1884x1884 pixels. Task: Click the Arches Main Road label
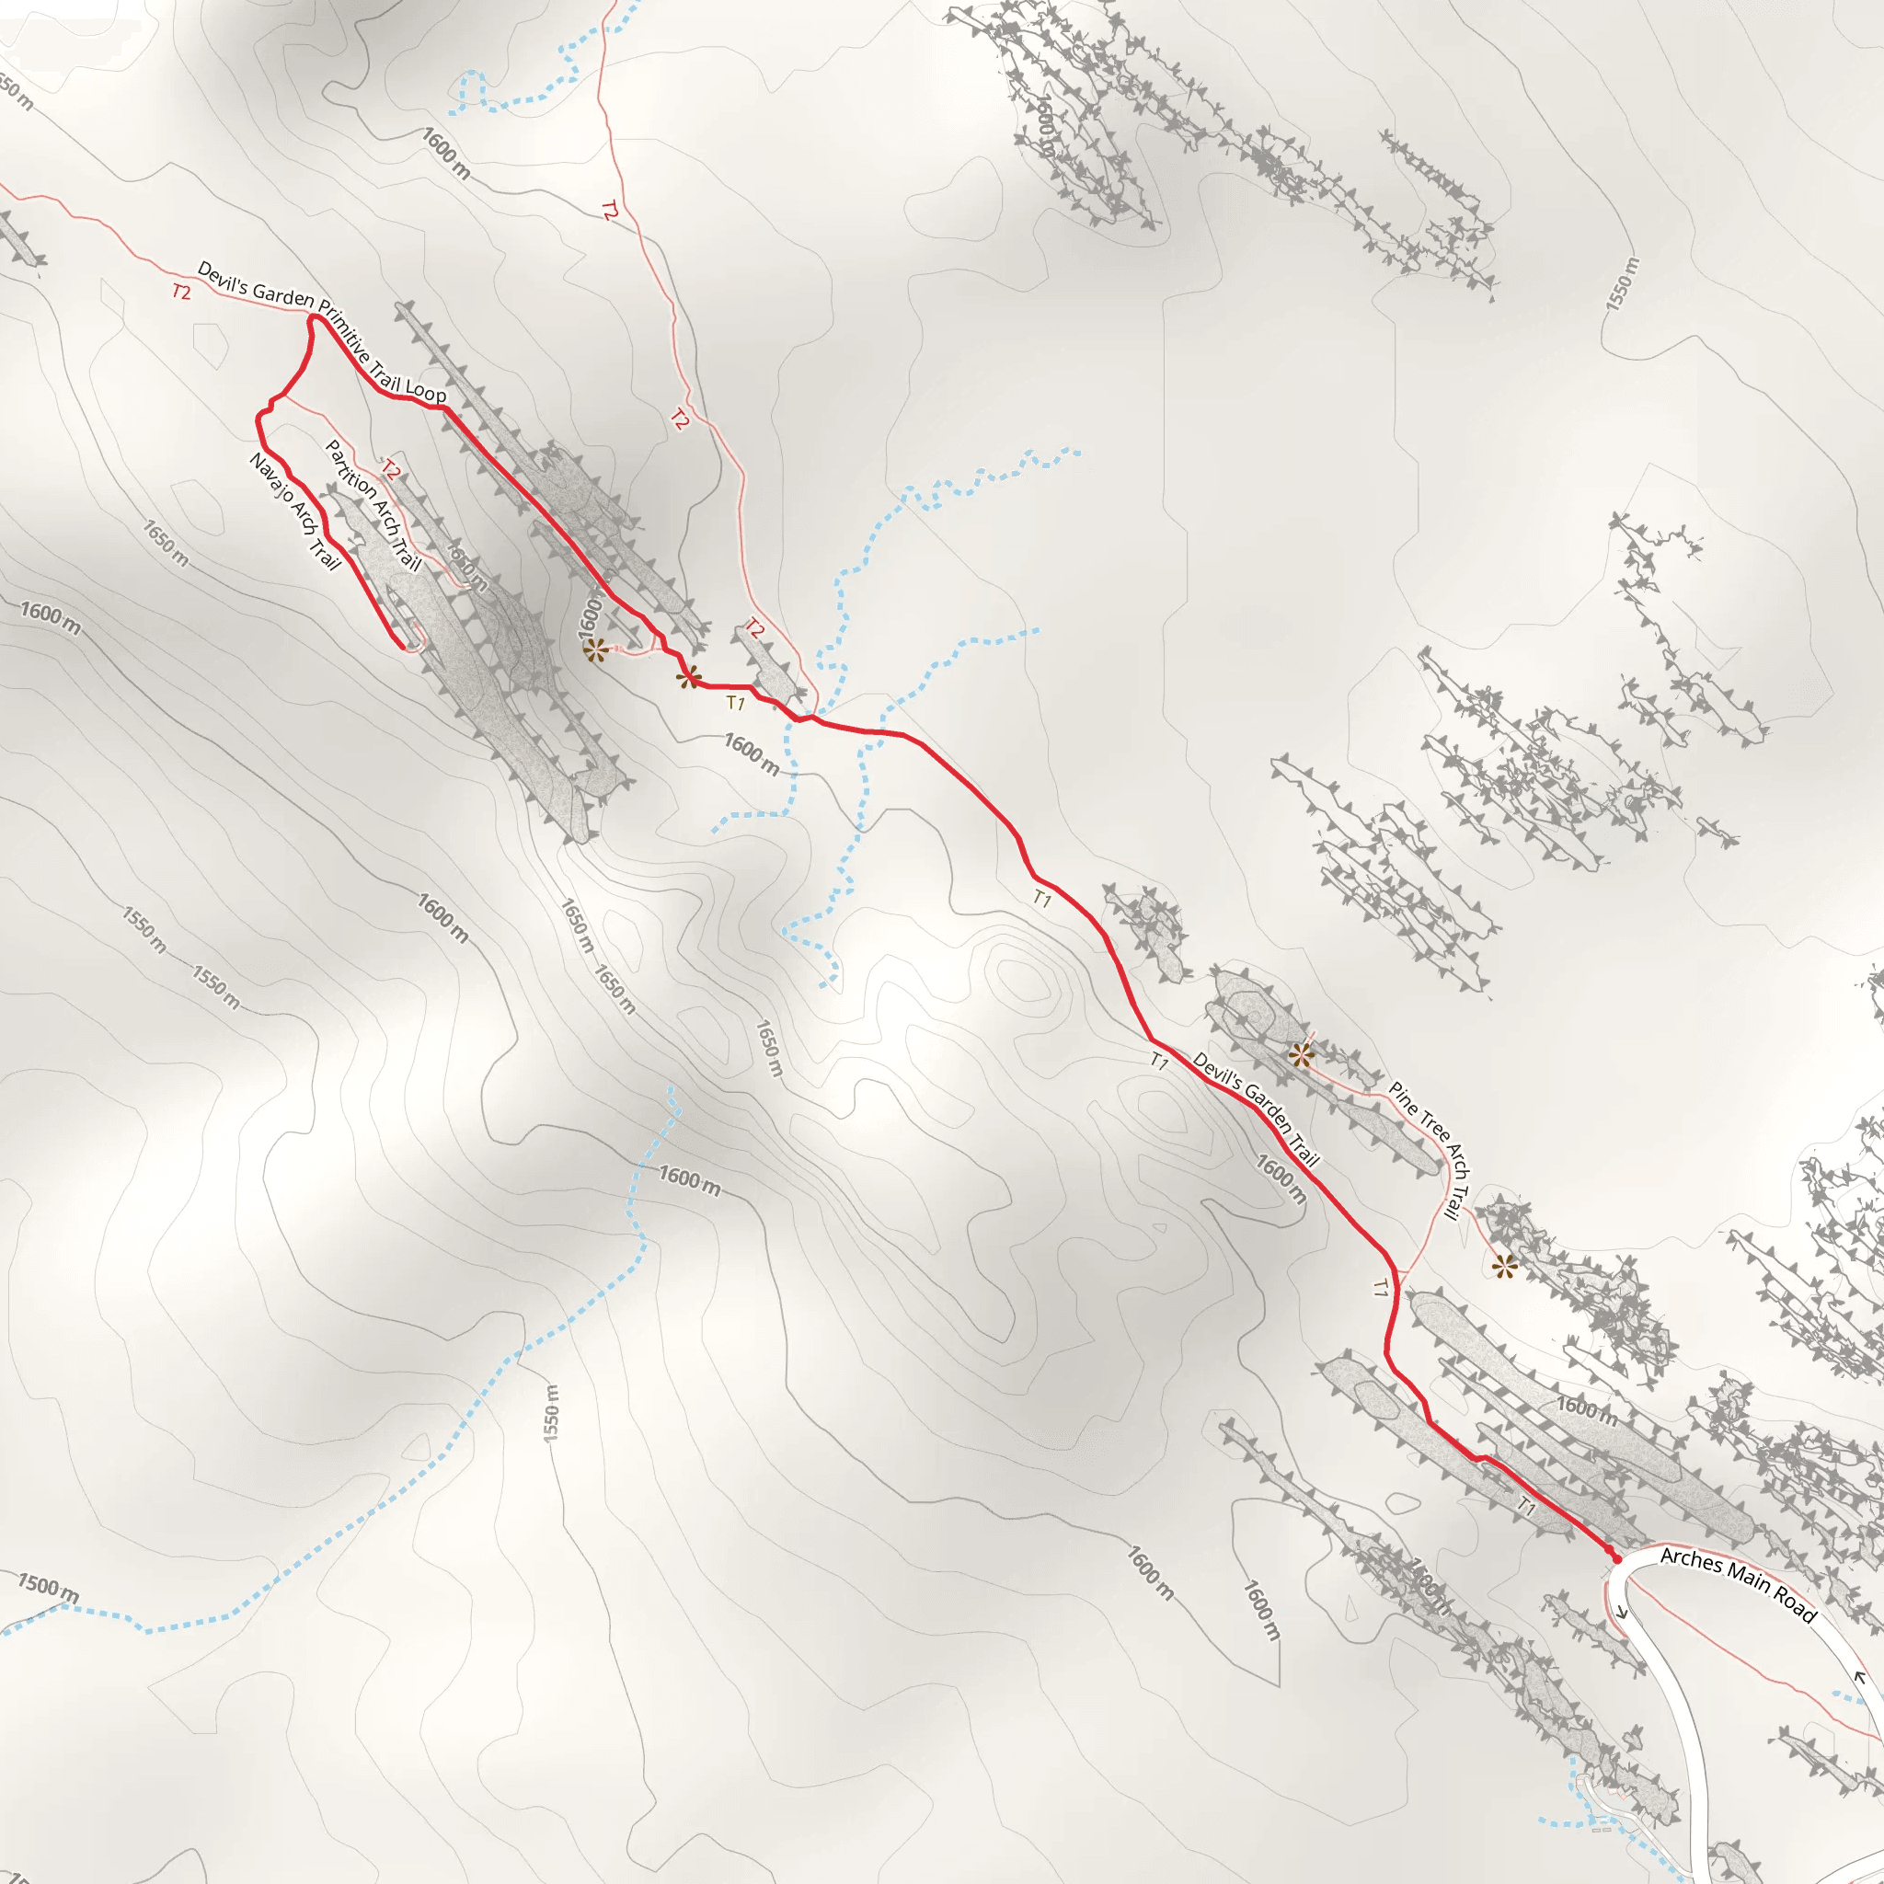pos(1738,1585)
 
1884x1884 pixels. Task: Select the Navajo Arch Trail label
pos(294,511)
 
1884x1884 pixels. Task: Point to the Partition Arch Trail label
pos(373,505)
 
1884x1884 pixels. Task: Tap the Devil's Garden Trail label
pos(1256,1109)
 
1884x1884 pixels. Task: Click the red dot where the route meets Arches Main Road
pos(1615,1558)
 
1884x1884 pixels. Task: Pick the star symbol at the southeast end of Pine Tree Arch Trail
pos(1505,1268)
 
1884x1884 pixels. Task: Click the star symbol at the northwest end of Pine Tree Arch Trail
pos(1301,1054)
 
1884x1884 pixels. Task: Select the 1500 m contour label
pos(48,1587)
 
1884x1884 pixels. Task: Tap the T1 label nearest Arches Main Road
pos(1526,1507)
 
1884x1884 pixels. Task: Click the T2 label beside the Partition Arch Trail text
pos(390,470)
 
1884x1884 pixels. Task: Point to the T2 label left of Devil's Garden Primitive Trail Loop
pos(181,292)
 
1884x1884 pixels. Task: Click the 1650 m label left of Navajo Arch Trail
pos(166,543)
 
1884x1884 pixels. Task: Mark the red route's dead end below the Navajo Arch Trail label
pos(403,646)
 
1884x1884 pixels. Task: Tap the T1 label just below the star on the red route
pos(735,702)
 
